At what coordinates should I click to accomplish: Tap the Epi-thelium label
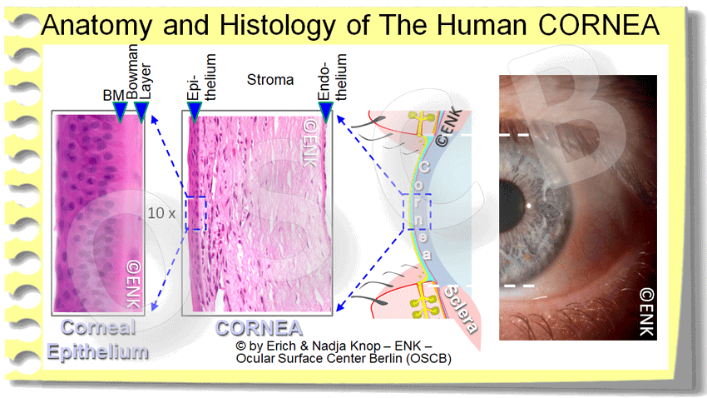tap(204, 77)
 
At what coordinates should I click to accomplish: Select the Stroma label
tap(270, 81)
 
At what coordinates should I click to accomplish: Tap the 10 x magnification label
tap(161, 212)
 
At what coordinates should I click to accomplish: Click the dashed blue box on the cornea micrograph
tap(195, 212)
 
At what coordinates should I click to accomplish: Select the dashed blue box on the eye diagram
tap(416, 212)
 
